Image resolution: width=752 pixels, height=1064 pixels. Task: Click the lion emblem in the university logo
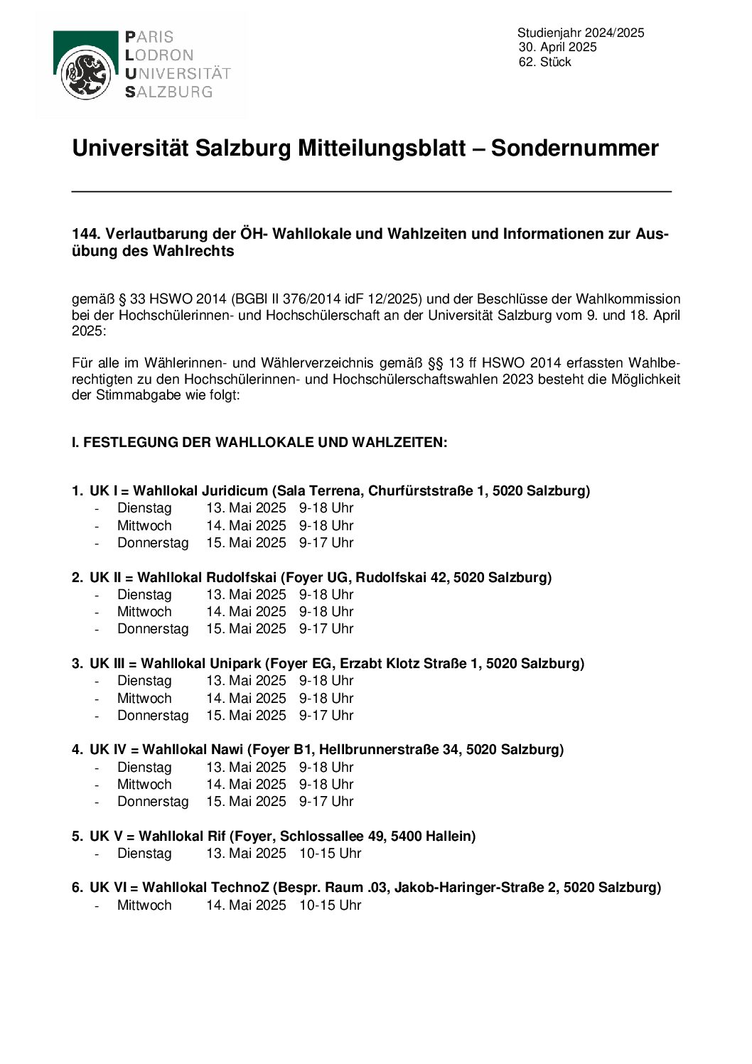85,73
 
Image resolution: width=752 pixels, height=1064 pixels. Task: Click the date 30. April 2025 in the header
557,47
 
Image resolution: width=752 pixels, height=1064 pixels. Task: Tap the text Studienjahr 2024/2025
581,32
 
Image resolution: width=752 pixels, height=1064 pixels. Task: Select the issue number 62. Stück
544,62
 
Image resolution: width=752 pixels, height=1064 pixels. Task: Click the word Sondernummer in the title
574,148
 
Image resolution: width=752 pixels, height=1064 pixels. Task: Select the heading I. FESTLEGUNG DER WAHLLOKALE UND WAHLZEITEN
259,442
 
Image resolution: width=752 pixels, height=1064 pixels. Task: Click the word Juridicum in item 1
235,490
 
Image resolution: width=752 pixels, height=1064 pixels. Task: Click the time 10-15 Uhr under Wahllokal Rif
330,853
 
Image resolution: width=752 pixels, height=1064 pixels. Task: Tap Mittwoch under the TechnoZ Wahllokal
144,905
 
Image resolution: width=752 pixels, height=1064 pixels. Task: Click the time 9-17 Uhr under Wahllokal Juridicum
326,542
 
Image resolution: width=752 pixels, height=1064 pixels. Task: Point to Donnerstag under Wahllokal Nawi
153,801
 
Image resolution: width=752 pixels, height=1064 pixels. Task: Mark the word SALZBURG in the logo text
168,92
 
